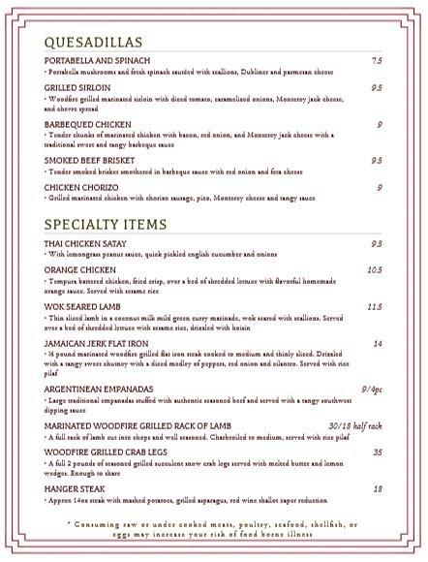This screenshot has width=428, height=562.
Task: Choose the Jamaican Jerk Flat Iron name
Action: (x=95, y=343)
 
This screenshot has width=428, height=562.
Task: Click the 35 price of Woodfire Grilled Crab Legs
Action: (x=378, y=451)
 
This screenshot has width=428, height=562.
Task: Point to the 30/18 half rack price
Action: (x=355, y=425)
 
